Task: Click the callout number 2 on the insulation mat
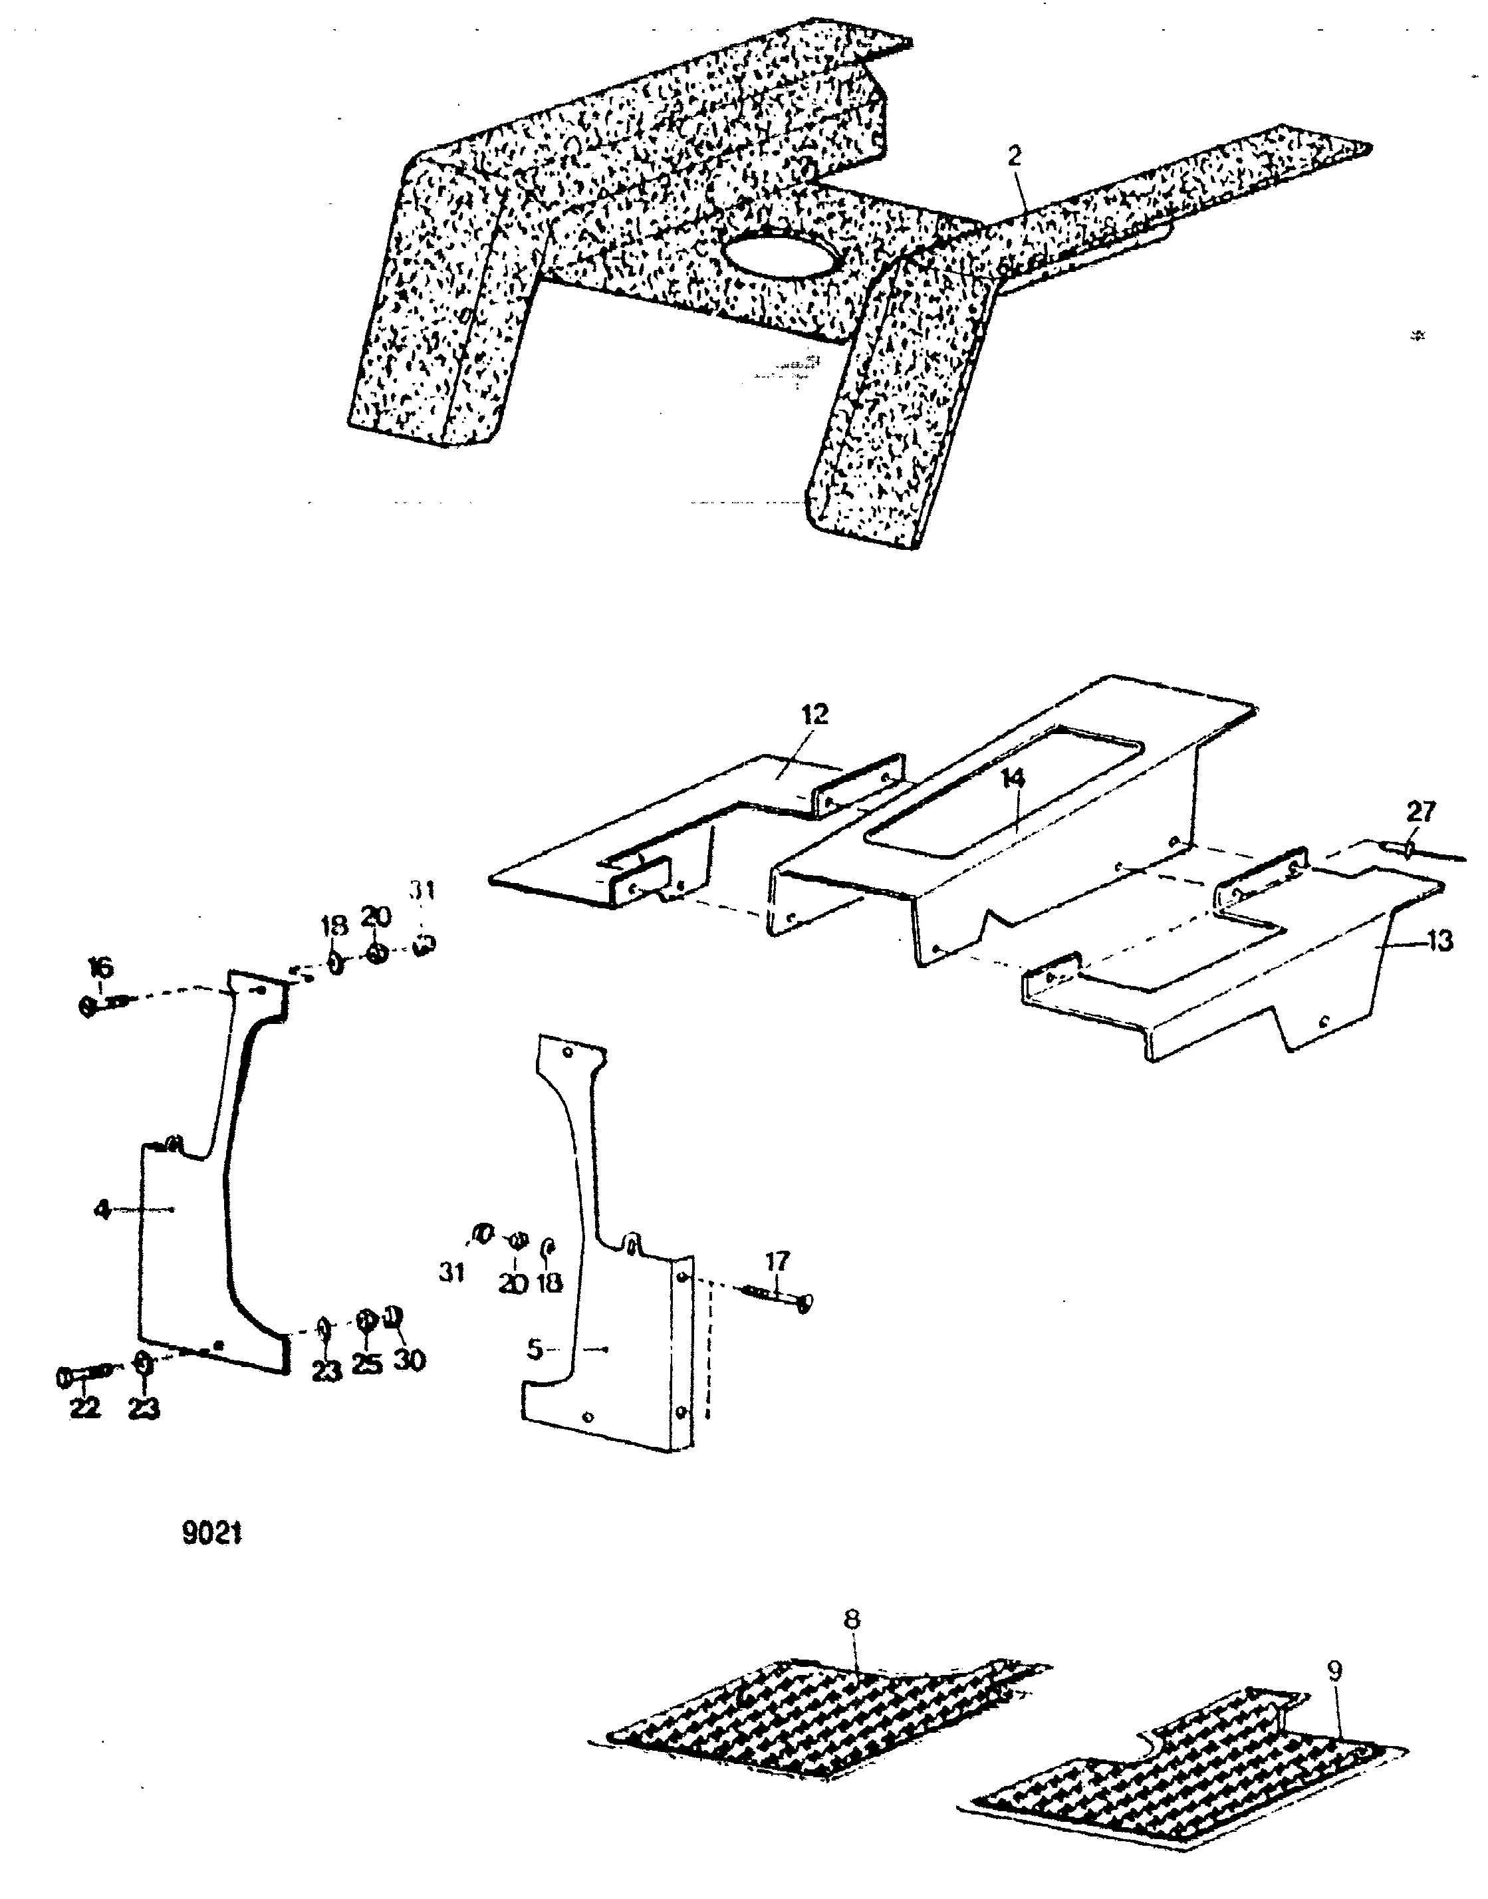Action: [x=1014, y=157]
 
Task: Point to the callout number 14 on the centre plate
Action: [x=1013, y=779]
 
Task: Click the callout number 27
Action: [x=1421, y=812]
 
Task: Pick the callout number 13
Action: [x=1440, y=941]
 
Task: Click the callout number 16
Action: [x=101, y=968]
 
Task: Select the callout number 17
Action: [x=777, y=1261]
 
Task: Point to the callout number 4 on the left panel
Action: [x=102, y=1210]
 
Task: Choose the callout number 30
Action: [x=410, y=1360]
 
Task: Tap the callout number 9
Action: [x=1334, y=1672]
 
